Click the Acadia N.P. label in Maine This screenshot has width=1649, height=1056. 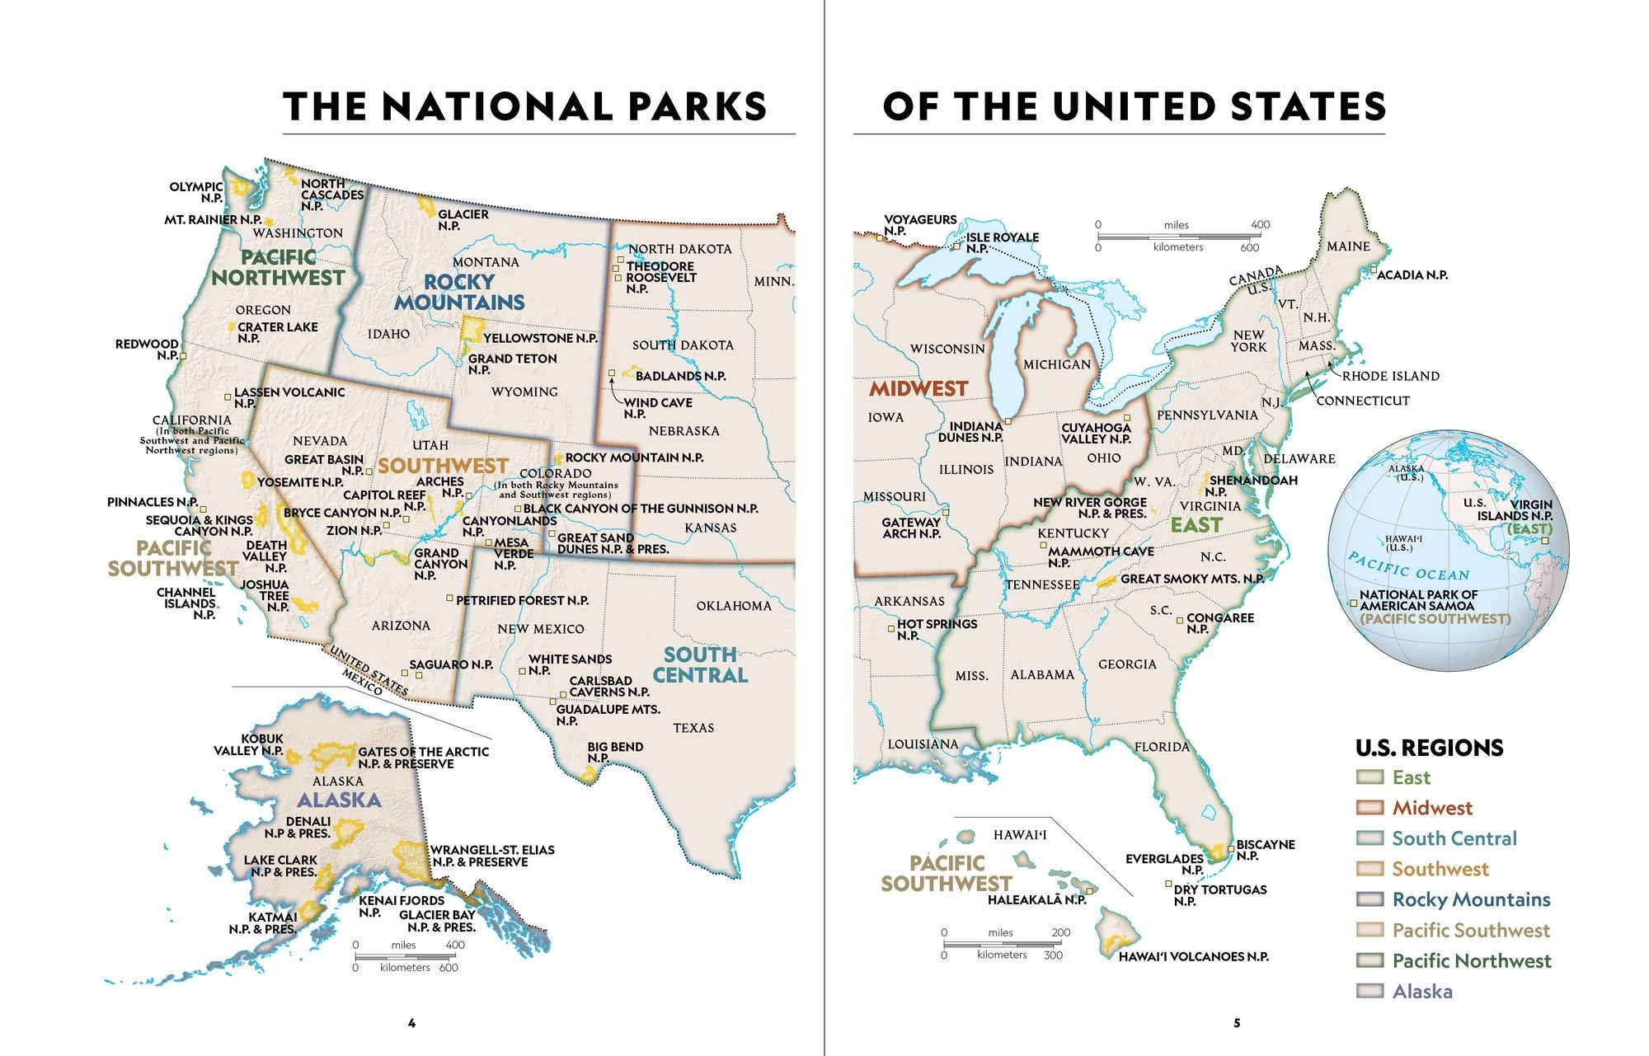point(1412,275)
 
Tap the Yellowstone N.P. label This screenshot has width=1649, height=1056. point(540,338)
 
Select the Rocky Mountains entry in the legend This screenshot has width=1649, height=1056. point(1471,899)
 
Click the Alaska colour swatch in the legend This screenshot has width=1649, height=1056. point(1369,991)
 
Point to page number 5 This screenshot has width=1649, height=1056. point(1236,1023)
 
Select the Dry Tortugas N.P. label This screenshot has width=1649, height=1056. point(1219,894)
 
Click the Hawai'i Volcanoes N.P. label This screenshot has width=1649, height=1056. point(1193,956)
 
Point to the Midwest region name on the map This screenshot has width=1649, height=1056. point(918,388)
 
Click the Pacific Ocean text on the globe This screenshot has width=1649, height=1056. point(1408,566)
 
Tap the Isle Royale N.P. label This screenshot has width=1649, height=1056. point(1002,242)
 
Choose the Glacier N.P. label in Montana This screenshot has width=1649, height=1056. point(463,219)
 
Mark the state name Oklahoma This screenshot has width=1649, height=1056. point(733,606)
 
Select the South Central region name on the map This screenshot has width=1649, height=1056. point(700,664)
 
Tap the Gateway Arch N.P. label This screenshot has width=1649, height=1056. point(910,528)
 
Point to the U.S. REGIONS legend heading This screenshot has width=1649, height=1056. point(1429,748)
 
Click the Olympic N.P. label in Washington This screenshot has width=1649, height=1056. point(197,192)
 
